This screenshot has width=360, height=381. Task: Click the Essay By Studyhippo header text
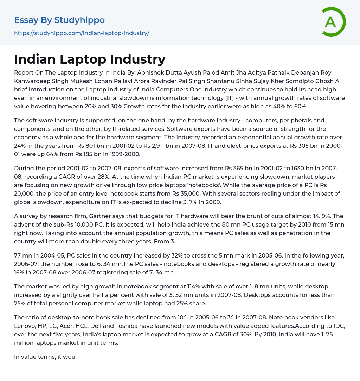59,20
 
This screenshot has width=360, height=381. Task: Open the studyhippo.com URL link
82,33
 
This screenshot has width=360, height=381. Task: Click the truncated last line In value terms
45,357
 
